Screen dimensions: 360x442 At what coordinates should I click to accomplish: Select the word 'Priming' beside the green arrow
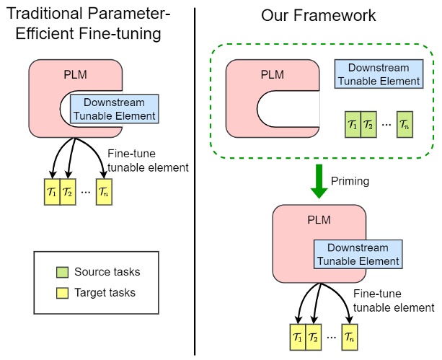pyautogui.click(x=350, y=181)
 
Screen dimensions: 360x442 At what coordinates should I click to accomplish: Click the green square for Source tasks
pyautogui.click(x=62, y=272)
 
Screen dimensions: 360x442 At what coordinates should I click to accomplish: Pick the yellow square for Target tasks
pyautogui.click(x=62, y=292)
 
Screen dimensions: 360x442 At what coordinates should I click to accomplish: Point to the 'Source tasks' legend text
pyautogui.click(x=107, y=272)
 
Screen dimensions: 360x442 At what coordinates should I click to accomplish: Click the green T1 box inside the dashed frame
pyautogui.click(x=352, y=125)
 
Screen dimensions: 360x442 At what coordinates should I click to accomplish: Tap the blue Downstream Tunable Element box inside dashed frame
pyautogui.click(x=379, y=74)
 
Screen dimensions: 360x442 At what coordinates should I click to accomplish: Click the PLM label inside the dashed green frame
pyautogui.click(x=273, y=74)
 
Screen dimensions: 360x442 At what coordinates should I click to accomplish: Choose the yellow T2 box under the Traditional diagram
pyautogui.click(x=68, y=193)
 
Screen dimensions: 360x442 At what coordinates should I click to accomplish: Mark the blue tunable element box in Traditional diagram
pyautogui.click(x=115, y=108)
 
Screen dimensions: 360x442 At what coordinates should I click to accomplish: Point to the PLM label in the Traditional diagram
pyautogui.click(x=76, y=74)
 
